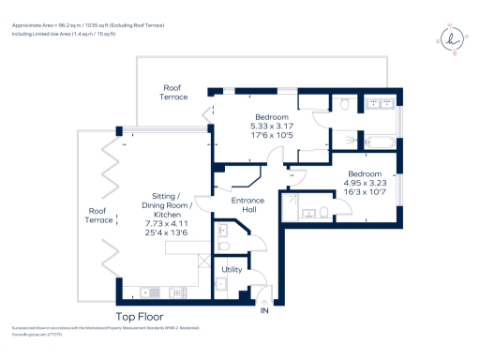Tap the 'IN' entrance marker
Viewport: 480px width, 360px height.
[x=264, y=310]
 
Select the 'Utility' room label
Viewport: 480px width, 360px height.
[x=232, y=270]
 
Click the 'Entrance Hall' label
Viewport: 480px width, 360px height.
[x=247, y=205]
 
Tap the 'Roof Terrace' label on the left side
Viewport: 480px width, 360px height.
[x=97, y=216]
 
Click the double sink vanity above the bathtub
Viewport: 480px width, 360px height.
[x=380, y=104]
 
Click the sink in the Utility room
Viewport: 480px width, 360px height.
[x=222, y=284]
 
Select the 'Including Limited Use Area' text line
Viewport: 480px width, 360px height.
[x=64, y=33]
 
